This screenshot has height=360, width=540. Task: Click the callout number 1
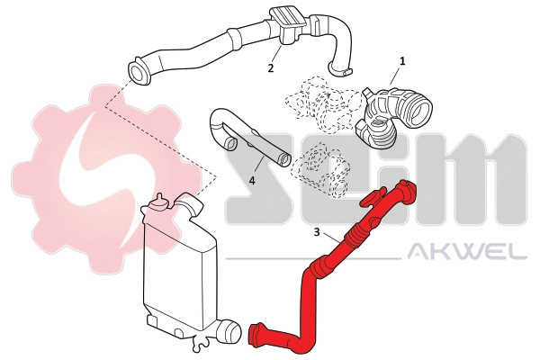click(402, 60)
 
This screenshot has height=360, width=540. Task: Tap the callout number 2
click(271, 67)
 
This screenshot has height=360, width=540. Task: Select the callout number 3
click(317, 230)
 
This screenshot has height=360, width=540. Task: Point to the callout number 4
click(252, 180)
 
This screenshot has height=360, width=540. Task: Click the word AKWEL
click(467, 252)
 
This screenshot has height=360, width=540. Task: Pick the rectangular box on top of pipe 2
click(287, 22)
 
